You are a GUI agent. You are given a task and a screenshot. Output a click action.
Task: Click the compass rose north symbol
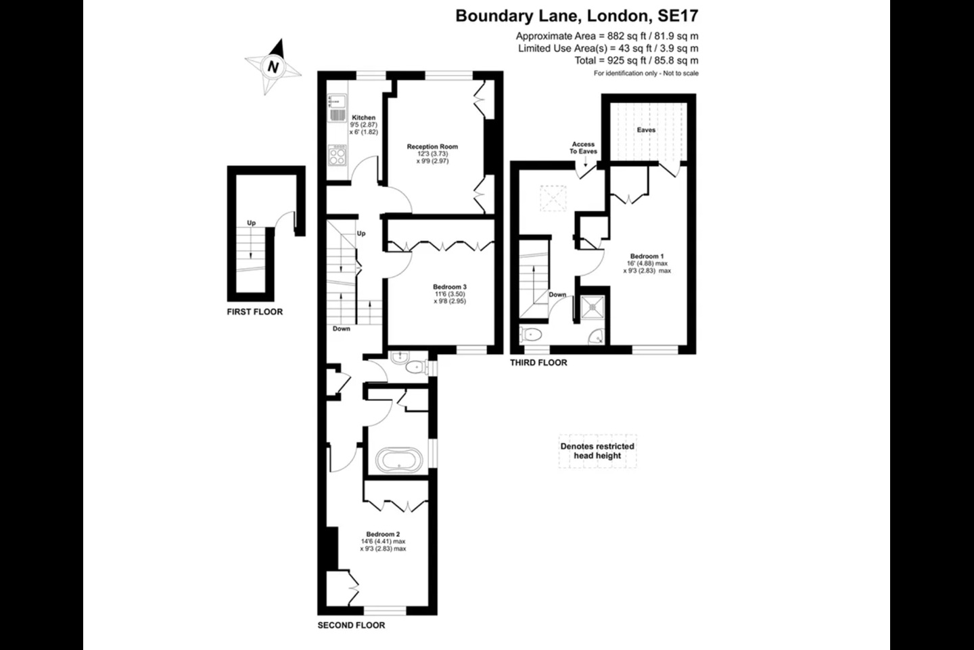coord(273,67)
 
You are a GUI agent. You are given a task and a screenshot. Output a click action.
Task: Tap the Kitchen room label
coord(364,118)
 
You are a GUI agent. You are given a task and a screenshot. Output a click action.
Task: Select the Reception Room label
coord(432,146)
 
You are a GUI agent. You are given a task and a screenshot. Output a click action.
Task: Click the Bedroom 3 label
coord(450,287)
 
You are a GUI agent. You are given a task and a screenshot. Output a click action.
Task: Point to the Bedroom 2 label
coord(383,534)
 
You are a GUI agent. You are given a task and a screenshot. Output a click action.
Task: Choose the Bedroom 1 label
coord(647,257)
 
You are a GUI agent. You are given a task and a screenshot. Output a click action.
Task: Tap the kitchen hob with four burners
coord(337,156)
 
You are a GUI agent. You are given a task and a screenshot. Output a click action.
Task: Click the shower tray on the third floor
coord(593,307)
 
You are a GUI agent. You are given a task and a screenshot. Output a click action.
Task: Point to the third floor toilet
coord(532,334)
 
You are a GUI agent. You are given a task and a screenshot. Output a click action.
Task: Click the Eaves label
coord(646,130)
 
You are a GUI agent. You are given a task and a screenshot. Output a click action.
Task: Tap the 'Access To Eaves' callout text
coord(583,148)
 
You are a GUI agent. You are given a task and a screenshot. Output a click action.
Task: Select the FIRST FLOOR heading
coord(254,312)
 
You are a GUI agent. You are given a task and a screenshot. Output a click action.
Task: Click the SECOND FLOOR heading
coord(351,625)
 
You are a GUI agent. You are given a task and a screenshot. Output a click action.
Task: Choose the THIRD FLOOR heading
coord(538,363)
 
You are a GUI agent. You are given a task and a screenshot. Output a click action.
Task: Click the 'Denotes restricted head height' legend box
coord(597,451)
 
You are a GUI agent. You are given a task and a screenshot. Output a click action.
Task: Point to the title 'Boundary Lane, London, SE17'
coord(577,16)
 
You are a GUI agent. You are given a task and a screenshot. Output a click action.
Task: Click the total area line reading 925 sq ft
coord(636,61)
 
